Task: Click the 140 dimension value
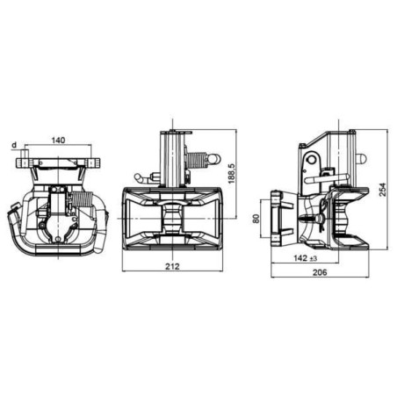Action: point(58,141)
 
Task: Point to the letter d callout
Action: point(14,145)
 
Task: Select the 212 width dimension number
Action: point(172,266)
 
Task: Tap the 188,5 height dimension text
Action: point(232,173)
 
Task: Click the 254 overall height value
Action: point(383,190)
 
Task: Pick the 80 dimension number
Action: point(256,219)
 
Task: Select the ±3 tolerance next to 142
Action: point(314,258)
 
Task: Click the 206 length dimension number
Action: point(320,272)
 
